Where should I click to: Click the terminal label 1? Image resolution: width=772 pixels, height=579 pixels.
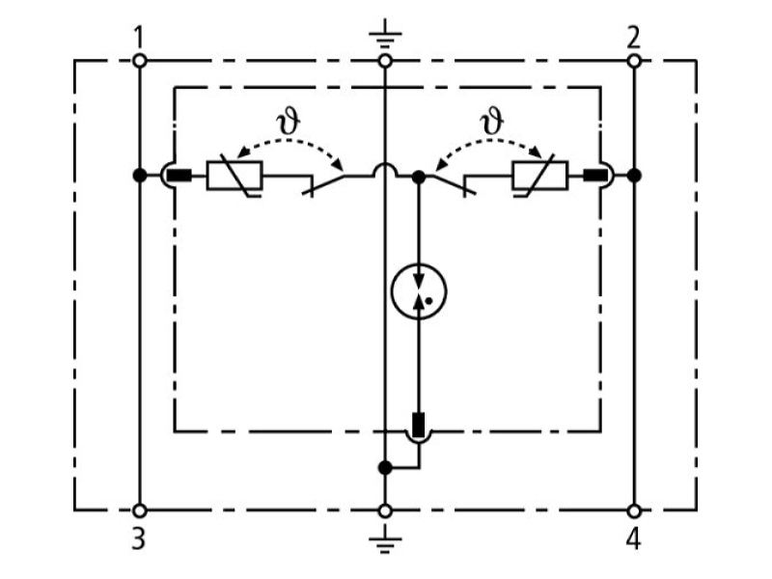click(139, 38)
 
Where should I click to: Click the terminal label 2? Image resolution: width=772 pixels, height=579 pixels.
click(633, 38)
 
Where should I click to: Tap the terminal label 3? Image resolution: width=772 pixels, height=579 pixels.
click(139, 538)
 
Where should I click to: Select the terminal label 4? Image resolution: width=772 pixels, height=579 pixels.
click(633, 538)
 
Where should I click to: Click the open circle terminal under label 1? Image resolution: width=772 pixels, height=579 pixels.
click(140, 61)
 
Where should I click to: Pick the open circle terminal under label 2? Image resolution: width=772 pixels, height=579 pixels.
click(634, 61)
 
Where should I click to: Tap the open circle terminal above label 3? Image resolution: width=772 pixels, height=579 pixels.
click(140, 511)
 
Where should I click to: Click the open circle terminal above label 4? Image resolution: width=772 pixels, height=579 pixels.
click(634, 511)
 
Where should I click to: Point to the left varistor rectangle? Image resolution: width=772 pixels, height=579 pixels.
click(234, 176)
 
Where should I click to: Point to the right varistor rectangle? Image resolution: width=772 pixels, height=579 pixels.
click(540, 176)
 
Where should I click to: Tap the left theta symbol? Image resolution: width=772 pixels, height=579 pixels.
click(288, 122)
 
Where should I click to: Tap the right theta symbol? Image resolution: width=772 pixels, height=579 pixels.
click(492, 122)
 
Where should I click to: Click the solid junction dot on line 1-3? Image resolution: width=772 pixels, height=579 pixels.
click(140, 175)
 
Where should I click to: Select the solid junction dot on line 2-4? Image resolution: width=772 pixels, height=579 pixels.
click(634, 175)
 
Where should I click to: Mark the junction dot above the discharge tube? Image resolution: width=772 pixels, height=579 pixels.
click(419, 177)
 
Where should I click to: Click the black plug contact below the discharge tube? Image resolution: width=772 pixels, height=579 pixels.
click(419, 425)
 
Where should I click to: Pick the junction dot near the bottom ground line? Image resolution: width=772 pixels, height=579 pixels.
click(385, 468)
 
